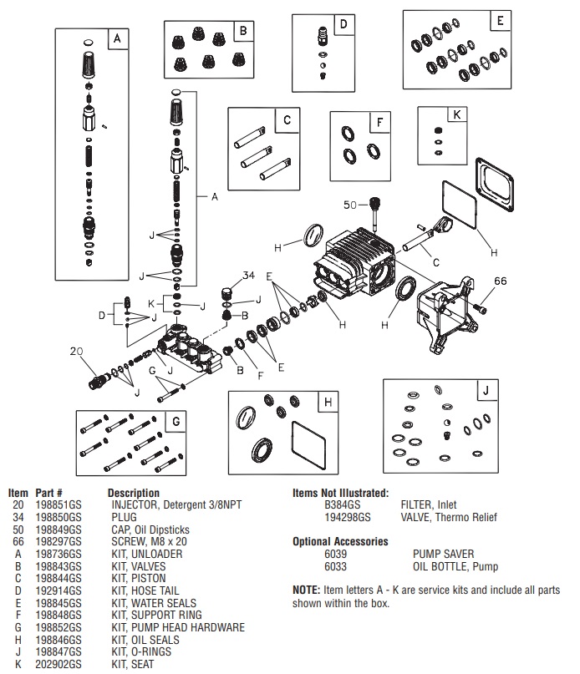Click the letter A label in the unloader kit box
116,39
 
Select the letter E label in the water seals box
498,21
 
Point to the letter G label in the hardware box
176,422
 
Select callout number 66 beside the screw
500,281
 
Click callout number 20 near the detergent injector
77,352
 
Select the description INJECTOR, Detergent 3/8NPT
171,505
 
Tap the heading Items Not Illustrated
340,494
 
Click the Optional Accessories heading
340,541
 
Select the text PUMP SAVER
443,554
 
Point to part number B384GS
342,505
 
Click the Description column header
133,494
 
